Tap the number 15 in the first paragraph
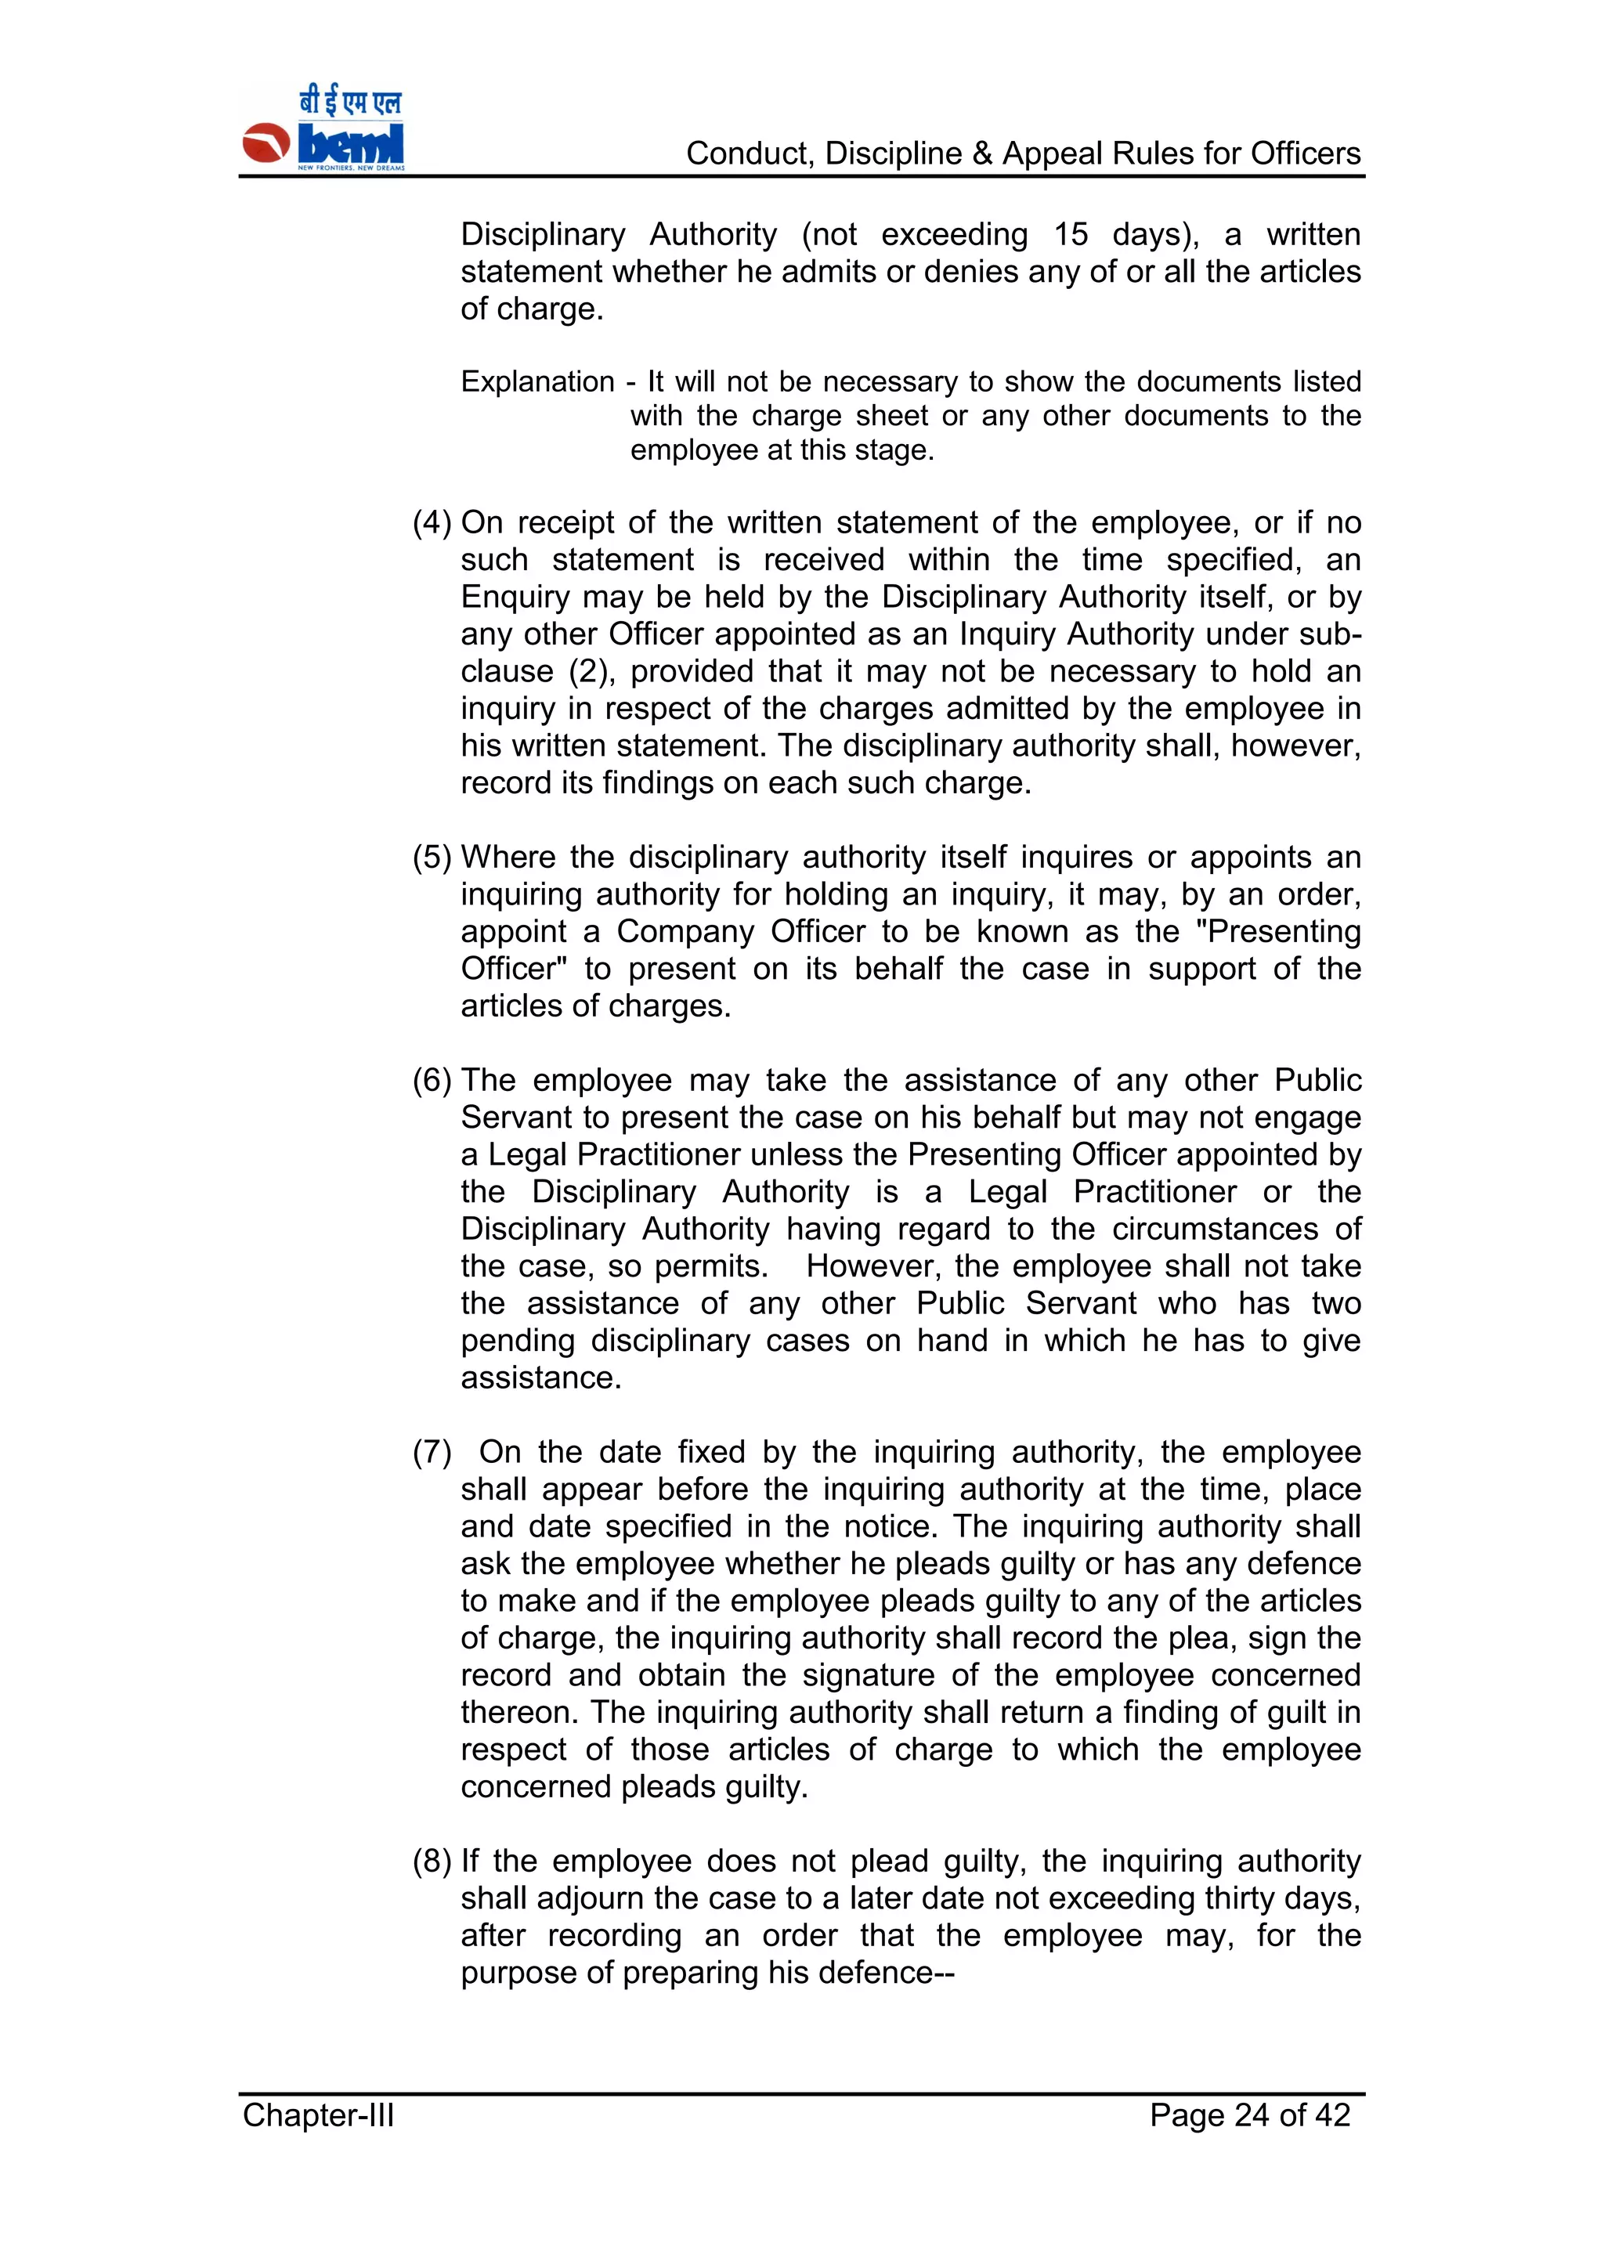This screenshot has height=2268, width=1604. (1070, 235)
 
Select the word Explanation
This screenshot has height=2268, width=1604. (537, 382)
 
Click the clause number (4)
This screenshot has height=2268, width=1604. (432, 522)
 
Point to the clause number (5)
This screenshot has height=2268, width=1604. (432, 858)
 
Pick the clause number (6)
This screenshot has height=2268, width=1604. (432, 1081)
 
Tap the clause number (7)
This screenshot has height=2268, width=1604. (432, 1452)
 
